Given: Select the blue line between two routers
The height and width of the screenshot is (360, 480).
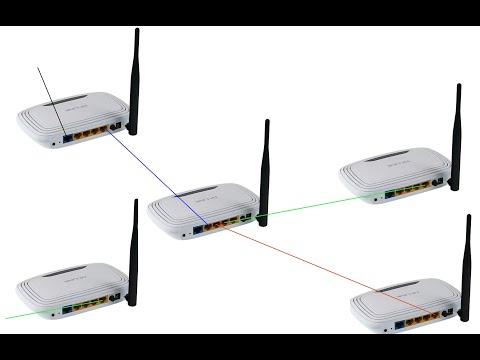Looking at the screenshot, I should pyautogui.click(x=150, y=170).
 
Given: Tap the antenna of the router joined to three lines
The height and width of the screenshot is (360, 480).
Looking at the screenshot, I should pyautogui.click(x=265, y=165).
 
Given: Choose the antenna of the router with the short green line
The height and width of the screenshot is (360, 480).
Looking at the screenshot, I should pyautogui.click(x=134, y=245).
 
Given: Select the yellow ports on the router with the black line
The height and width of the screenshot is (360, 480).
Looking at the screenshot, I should pyautogui.click(x=92, y=132).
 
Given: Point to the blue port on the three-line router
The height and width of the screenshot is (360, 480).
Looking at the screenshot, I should pyautogui.click(x=198, y=228).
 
